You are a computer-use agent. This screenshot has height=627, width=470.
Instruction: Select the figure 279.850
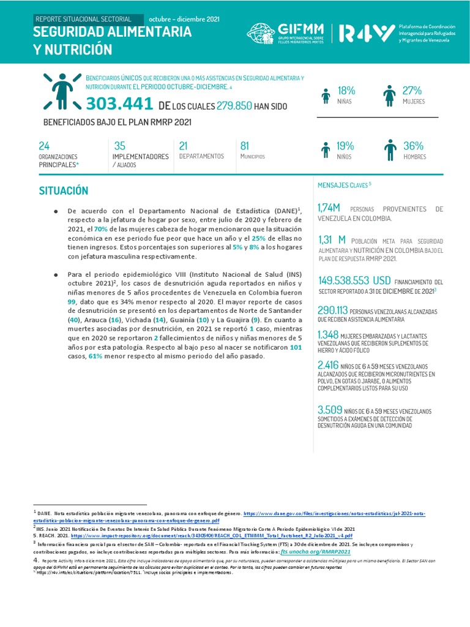(x=234, y=106)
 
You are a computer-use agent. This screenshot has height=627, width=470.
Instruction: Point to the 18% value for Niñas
(x=346, y=91)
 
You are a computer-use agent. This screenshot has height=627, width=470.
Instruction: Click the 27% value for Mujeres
(x=412, y=91)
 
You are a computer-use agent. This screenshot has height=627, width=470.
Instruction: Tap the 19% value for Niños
(x=345, y=146)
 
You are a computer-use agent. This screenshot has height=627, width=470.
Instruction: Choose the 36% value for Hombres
(x=413, y=146)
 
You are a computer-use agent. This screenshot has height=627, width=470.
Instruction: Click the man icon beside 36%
(x=389, y=150)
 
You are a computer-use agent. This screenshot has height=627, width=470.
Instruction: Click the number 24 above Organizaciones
(x=44, y=146)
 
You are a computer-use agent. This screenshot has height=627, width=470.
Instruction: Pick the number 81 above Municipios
(x=245, y=146)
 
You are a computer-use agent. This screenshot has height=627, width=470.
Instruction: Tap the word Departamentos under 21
(x=201, y=157)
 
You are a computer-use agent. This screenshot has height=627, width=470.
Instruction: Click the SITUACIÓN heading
(x=64, y=191)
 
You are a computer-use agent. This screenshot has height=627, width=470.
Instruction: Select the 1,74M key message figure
(x=329, y=209)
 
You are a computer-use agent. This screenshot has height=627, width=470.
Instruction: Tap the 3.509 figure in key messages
(x=329, y=410)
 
